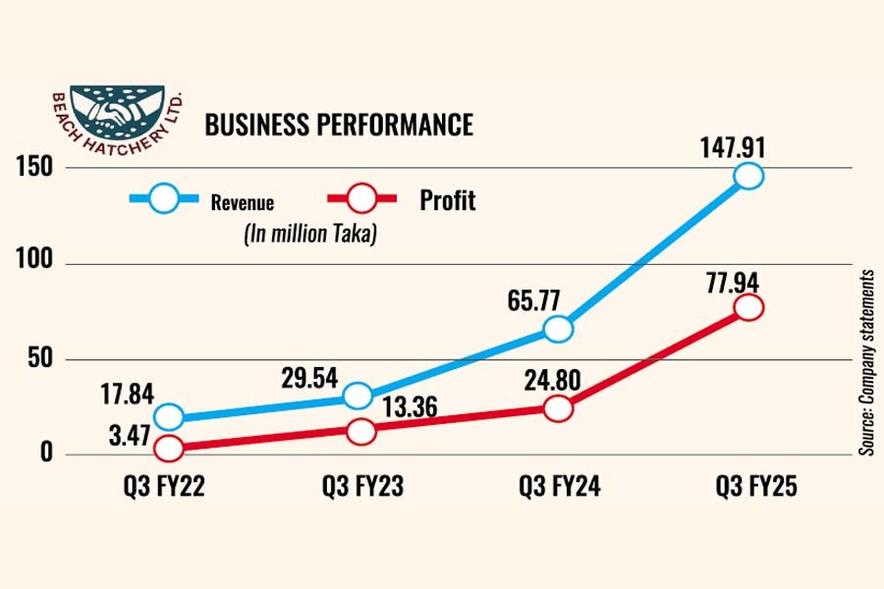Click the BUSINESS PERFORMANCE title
point(338,125)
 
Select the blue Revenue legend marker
point(165,199)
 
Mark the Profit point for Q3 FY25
point(749,307)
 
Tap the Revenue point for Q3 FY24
point(558,329)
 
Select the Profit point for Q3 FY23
point(361,430)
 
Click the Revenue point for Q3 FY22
point(169,417)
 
